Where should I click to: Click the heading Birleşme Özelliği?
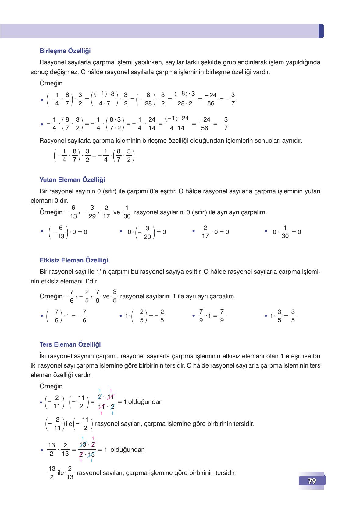tap(65, 51)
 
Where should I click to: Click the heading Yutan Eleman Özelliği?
tap(72, 180)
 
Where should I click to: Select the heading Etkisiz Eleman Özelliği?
tap(74, 260)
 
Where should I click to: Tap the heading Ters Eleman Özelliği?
tap(70, 344)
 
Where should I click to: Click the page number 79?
tap(312, 481)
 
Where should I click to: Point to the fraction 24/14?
tap(152, 124)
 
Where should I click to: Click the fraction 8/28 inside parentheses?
tap(148, 99)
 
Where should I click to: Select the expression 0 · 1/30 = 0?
tap(287, 232)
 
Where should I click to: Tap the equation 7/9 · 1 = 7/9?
tap(211, 316)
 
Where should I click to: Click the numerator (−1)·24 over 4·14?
tap(177, 118)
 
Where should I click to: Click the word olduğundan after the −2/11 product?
tap(145, 402)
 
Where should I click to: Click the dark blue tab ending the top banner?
tap(321, 31)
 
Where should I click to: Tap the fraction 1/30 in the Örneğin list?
tap(127, 212)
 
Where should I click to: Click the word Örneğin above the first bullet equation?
tap(51, 83)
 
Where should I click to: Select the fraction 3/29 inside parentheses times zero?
tap(147, 232)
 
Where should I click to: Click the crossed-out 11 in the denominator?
tap(101, 407)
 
